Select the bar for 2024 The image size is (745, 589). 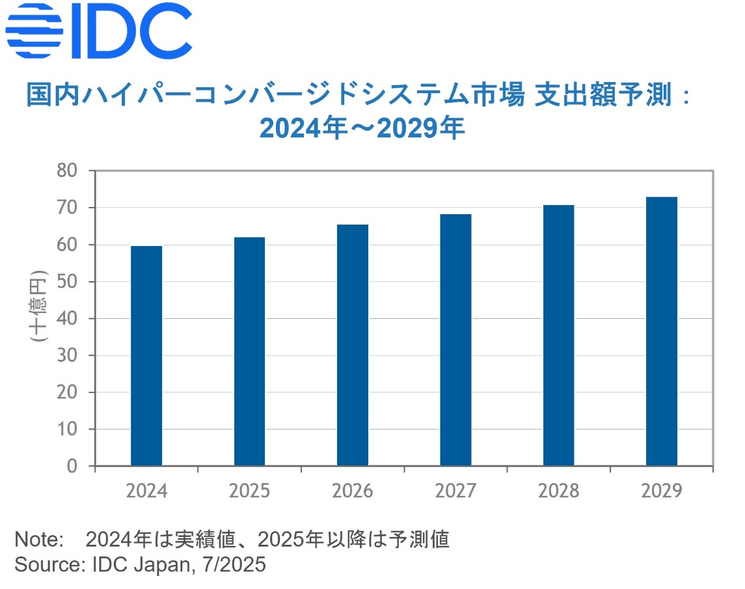pyautogui.click(x=146, y=356)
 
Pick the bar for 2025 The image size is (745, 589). pyautogui.click(x=249, y=351)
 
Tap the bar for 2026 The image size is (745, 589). pyautogui.click(x=353, y=345)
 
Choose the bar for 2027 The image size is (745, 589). pyautogui.click(x=455, y=340)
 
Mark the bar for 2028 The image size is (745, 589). pyautogui.click(x=559, y=335)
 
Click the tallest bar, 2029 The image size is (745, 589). pyautogui.click(x=662, y=331)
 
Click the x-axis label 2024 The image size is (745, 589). pyautogui.click(x=146, y=491)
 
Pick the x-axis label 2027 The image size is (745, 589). pyautogui.click(x=455, y=491)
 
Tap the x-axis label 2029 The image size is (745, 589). pyautogui.click(x=662, y=491)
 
